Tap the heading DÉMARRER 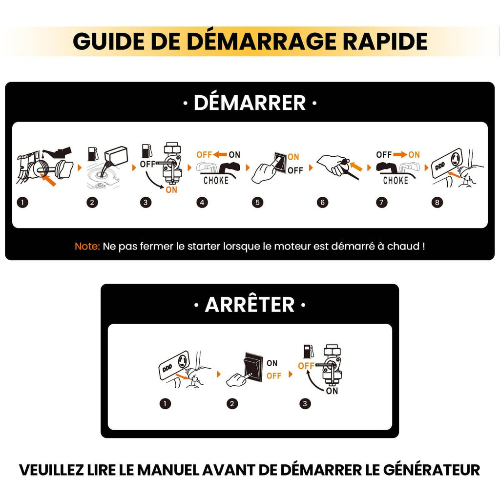[250, 103]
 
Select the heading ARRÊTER [250, 305]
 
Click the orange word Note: [87, 246]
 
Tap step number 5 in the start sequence [257, 202]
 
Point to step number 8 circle [437, 202]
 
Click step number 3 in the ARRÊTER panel [305, 404]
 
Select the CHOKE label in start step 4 [216, 181]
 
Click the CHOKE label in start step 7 [396, 181]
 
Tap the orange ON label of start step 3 [171, 190]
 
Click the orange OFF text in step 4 [204, 155]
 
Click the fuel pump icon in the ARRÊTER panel [309, 352]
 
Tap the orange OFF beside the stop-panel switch [273, 376]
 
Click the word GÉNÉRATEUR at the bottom [432, 470]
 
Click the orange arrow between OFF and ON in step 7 [400, 155]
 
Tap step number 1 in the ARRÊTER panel [165, 404]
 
